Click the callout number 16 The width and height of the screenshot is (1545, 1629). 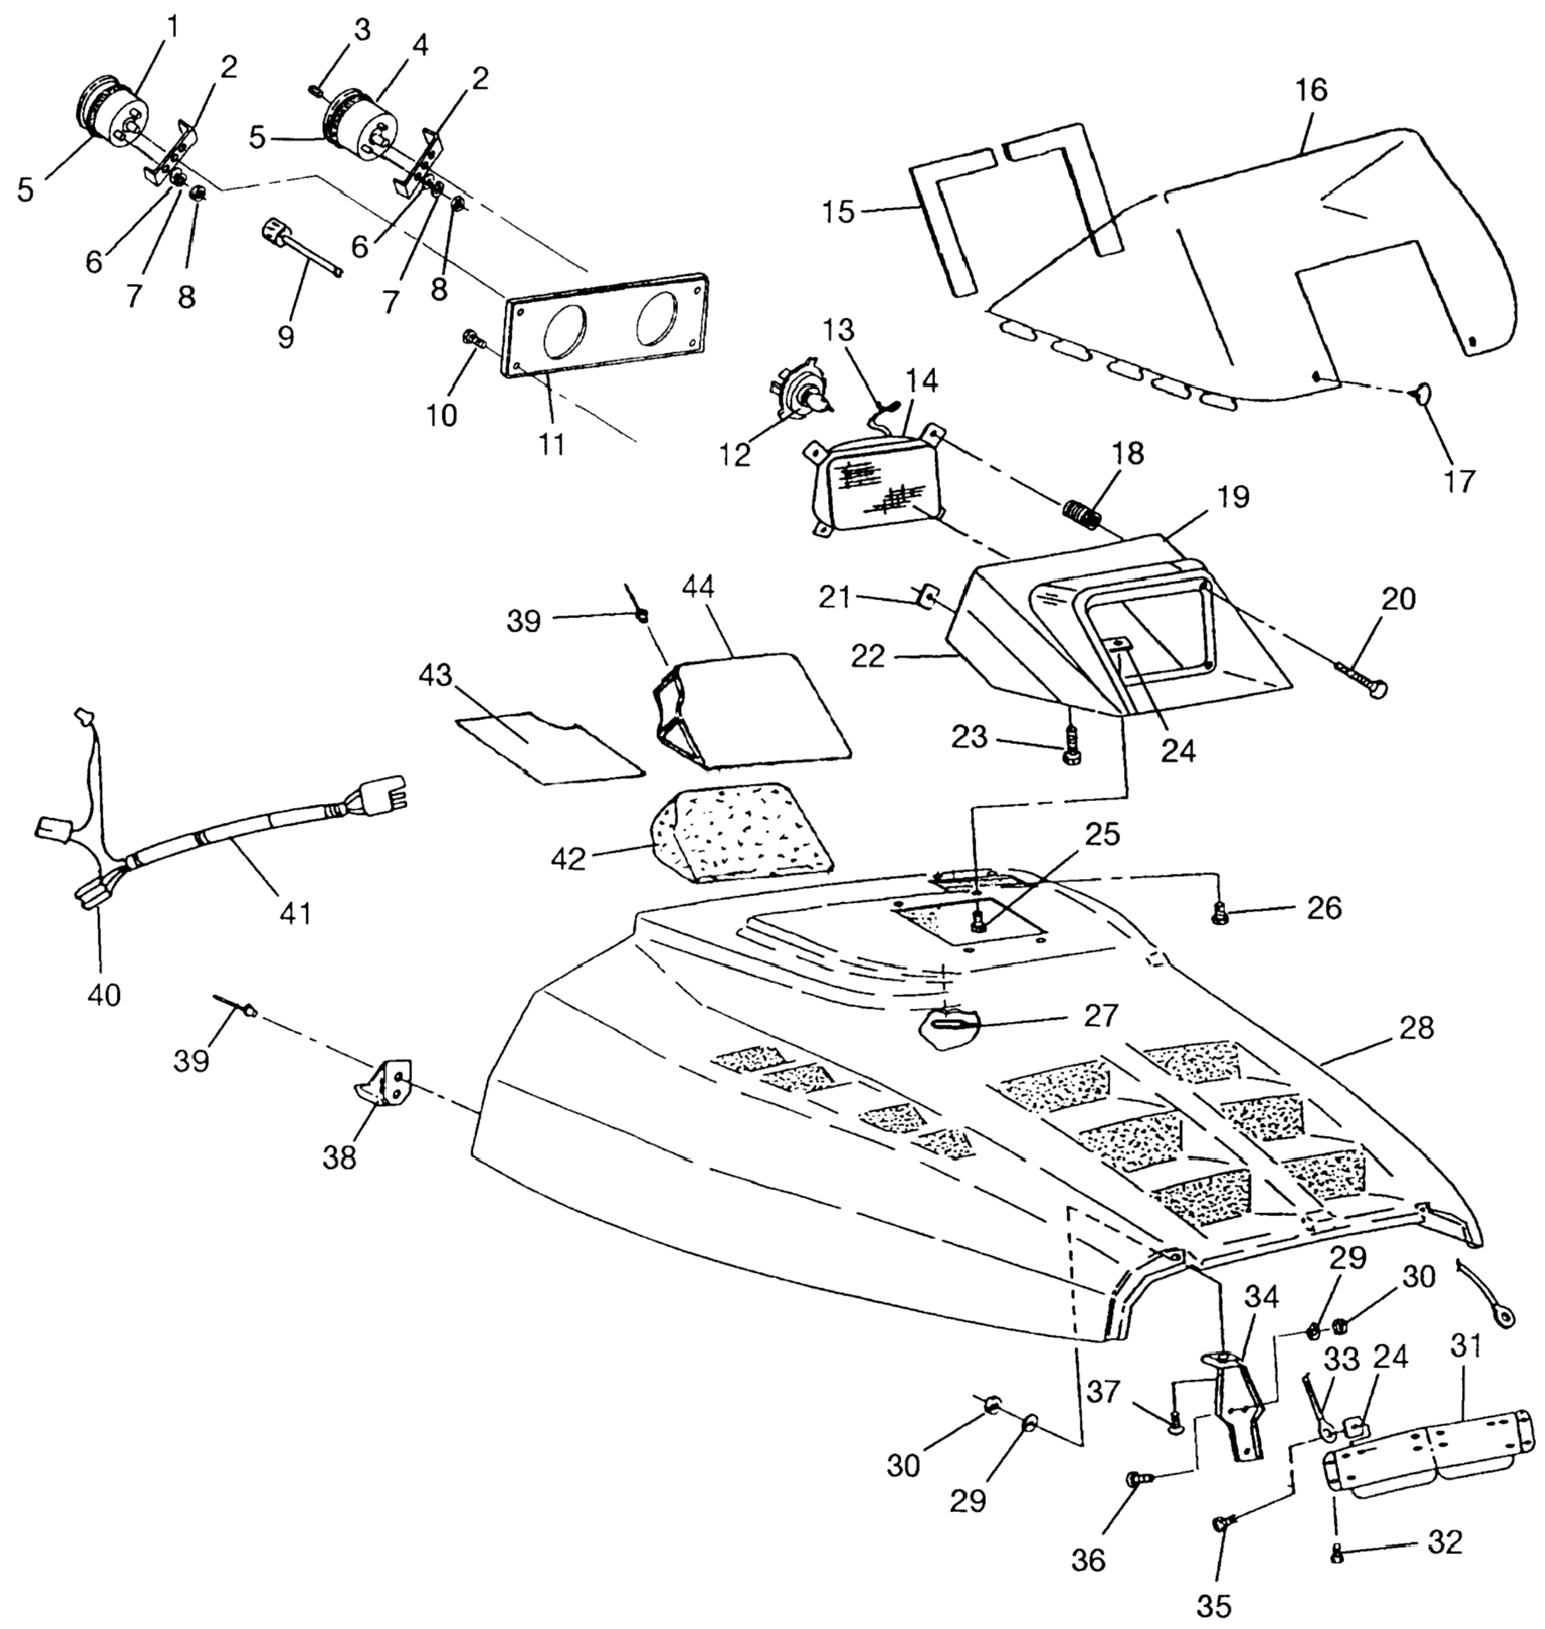pyautogui.click(x=1311, y=91)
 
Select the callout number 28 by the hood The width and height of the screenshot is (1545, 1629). pyautogui.click(x=1415, y=1028)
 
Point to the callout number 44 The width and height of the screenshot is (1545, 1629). pyautogui.click(x=698, y=588)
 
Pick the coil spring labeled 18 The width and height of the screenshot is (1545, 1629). pyautogui.click(x=1082, y=516)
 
